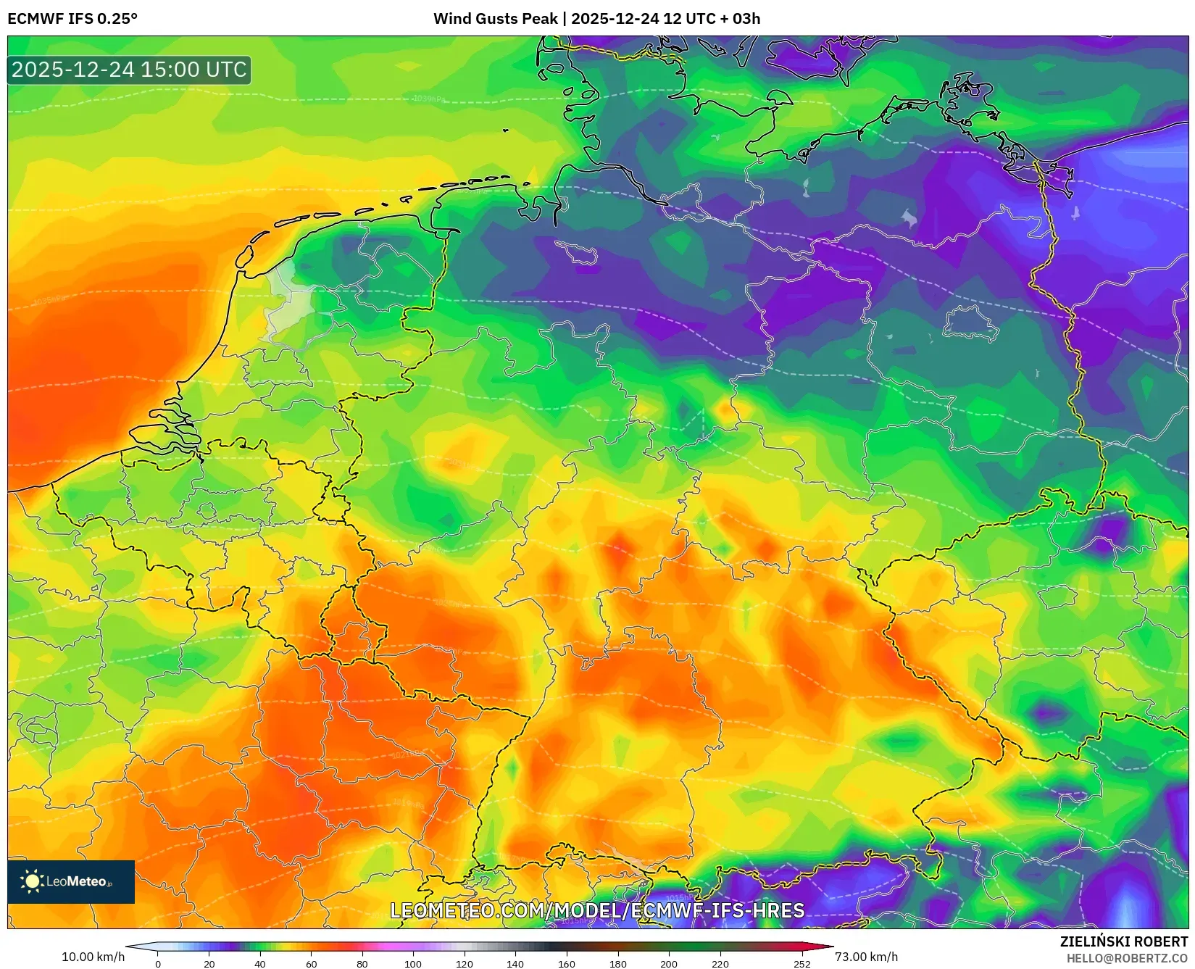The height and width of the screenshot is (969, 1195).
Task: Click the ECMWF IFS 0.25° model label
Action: point(72,19)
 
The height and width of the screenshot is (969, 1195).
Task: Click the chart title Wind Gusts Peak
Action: point(496,19)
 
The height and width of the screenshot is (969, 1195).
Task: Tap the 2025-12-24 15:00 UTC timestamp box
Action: point(129,70)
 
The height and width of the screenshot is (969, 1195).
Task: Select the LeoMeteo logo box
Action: point(71,881)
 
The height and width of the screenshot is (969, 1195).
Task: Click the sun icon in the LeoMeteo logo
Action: point(32,881)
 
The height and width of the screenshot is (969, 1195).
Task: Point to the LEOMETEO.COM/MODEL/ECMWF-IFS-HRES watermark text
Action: point(597,910)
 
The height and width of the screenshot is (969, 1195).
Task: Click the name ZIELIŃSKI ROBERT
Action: point(1123,941)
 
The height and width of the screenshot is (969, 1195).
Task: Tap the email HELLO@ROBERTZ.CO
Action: point(1126,958)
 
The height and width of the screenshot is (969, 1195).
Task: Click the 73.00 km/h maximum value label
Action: point(866,957)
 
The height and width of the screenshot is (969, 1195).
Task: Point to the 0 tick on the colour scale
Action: point(158,964)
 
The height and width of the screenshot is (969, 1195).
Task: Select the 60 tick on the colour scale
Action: point(311,964)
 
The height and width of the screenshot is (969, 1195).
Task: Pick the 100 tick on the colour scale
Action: point(413,964)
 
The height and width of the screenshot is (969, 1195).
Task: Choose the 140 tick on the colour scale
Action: point(515,964)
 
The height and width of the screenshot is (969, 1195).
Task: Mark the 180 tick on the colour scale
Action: point(617,964)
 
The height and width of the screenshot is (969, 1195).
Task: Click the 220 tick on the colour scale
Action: point(720,964)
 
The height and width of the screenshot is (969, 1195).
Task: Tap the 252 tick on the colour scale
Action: point(801,964)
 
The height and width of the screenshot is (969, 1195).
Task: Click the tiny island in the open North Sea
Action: point(505,130)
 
